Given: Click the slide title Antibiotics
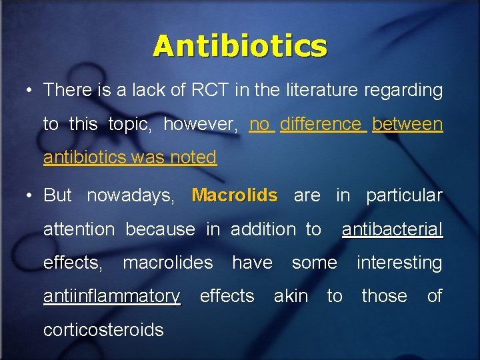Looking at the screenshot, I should coord(240,47).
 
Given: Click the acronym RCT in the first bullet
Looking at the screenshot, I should coord(209,90).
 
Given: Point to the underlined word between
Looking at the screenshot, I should coord(407,124).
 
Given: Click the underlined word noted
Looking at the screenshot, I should coord(193,157).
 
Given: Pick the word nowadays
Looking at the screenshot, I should coord(131,195).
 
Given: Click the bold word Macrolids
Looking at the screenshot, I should coord(234,195).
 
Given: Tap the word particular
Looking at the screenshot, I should coord(404,195).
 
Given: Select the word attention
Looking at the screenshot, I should coord(79,229).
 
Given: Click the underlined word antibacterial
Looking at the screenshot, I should coord(392,229).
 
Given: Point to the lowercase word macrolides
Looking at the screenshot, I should coord(167,263).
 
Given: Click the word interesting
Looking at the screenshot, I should coord(399,263).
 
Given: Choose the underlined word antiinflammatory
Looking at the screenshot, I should coord(111,296).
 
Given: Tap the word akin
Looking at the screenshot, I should coord(291,296).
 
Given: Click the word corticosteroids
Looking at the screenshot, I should coord(103,329).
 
